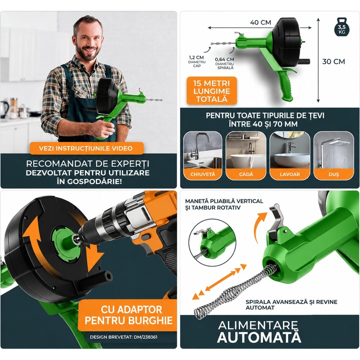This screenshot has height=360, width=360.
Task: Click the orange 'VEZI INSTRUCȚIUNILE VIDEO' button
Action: (86, 148)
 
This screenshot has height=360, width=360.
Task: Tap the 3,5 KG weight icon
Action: (341, 27)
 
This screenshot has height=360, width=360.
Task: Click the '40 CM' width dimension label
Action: (260, 22)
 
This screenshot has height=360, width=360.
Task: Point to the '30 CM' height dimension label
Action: (333, 61)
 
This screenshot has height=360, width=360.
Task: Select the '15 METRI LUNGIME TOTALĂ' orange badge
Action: (211, 91)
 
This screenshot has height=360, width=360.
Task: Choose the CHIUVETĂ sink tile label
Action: (202, 174)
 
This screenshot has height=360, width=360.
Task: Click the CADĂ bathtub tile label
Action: (246, 174)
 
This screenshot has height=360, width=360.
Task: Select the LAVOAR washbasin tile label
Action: (289, 174)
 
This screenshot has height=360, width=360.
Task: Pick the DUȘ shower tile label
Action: (333, 174)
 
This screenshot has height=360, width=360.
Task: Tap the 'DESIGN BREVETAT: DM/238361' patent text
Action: (123, 337)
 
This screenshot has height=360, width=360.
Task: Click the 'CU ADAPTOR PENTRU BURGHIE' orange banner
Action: (127, 315)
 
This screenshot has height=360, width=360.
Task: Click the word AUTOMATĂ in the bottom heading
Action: (259, 337)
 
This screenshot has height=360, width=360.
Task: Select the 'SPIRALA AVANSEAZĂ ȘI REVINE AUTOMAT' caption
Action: (291, 304)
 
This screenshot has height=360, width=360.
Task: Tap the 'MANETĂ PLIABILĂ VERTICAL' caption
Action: (224, 201)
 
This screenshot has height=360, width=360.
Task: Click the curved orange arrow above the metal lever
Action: (259, 226)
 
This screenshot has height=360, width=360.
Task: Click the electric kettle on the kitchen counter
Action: (4, 109)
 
